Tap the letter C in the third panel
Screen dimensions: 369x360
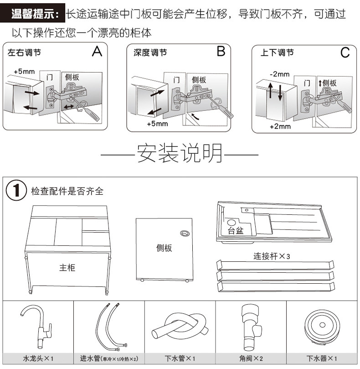(345, 53)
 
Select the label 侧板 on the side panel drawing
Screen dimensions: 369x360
(164, 248)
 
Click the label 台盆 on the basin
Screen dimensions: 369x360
(236, 230)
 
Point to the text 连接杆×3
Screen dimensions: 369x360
(272, 256)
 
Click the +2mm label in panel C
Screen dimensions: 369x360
(280, 126)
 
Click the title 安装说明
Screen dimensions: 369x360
(180, 154)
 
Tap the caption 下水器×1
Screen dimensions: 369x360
(321, 359)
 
